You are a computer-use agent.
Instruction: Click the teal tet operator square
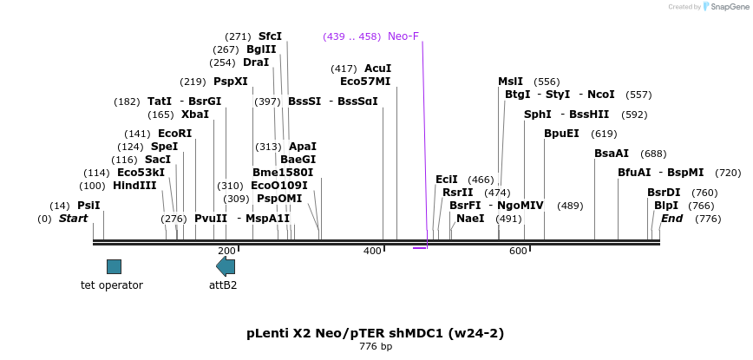coord(114,266)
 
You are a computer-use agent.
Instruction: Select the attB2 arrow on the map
coord(226,266)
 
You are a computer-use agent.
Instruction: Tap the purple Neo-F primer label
coord(403,36)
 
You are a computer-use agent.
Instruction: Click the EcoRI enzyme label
coord(174,134)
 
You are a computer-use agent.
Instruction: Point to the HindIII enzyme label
coord(134,186)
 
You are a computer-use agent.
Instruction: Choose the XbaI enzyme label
coord(195,115)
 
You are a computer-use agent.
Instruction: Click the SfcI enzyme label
coord(270,36)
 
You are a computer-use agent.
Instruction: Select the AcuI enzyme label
coord(377,69)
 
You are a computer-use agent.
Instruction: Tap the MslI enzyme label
coord(510,82)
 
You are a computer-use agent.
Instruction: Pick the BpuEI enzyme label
coord(561,134)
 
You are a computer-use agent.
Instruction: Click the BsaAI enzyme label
coord(612,154)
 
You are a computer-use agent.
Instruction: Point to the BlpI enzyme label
coord(666,206)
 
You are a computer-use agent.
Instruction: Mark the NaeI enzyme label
coord(470,219)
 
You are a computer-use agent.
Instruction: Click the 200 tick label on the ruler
coord(226,251)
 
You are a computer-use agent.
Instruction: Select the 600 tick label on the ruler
coord(518,251)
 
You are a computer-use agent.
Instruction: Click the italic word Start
coord(73,219)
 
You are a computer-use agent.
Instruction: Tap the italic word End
coord(671,219)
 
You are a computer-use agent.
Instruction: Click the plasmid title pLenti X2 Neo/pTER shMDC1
coord(375,333)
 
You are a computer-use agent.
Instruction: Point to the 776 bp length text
coord(376,347)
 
